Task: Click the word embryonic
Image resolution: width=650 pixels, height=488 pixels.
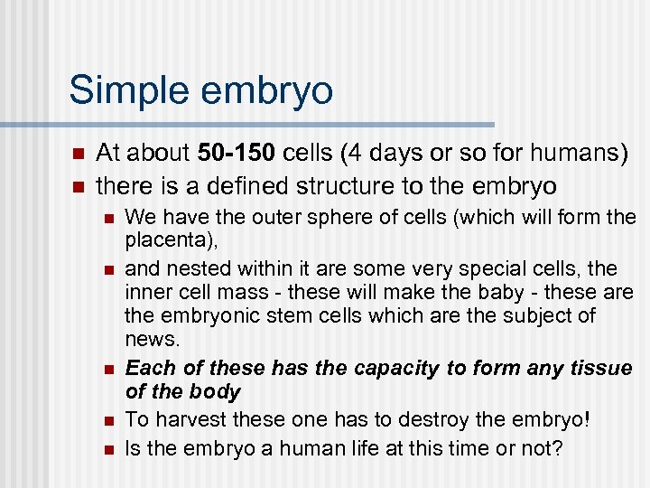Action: click(200, 315)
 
